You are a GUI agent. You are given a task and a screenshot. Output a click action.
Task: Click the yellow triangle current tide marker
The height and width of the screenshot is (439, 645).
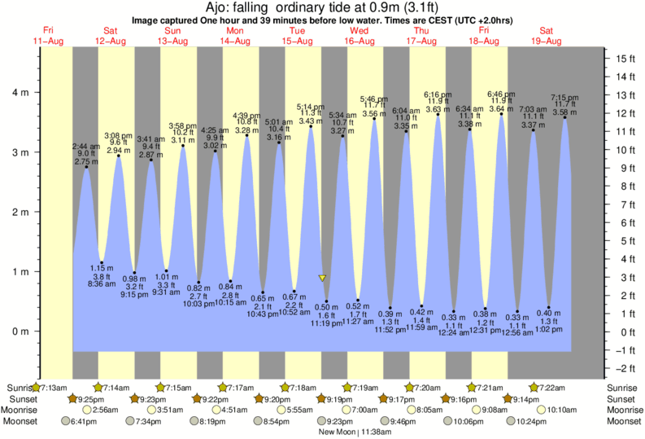click(x=323, y=278)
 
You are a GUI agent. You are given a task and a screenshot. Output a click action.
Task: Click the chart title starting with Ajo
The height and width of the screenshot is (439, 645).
click(x=322, y=7)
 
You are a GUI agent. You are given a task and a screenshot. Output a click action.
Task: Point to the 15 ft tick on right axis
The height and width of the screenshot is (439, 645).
click(x=625, y=59)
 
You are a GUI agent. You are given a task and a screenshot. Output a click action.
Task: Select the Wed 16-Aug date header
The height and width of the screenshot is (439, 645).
click(x=360, y=36)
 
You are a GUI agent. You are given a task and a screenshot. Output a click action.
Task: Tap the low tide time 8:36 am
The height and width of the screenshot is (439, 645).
click(x=102, y=284)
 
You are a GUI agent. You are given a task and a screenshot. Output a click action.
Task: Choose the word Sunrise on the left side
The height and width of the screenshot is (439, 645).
click(x=20, y=387)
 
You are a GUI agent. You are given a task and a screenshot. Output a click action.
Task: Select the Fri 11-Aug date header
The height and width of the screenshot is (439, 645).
click(x=48, y=36)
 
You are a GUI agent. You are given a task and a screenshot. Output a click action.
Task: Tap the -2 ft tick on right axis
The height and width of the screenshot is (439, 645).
click(x=625, y=368)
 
